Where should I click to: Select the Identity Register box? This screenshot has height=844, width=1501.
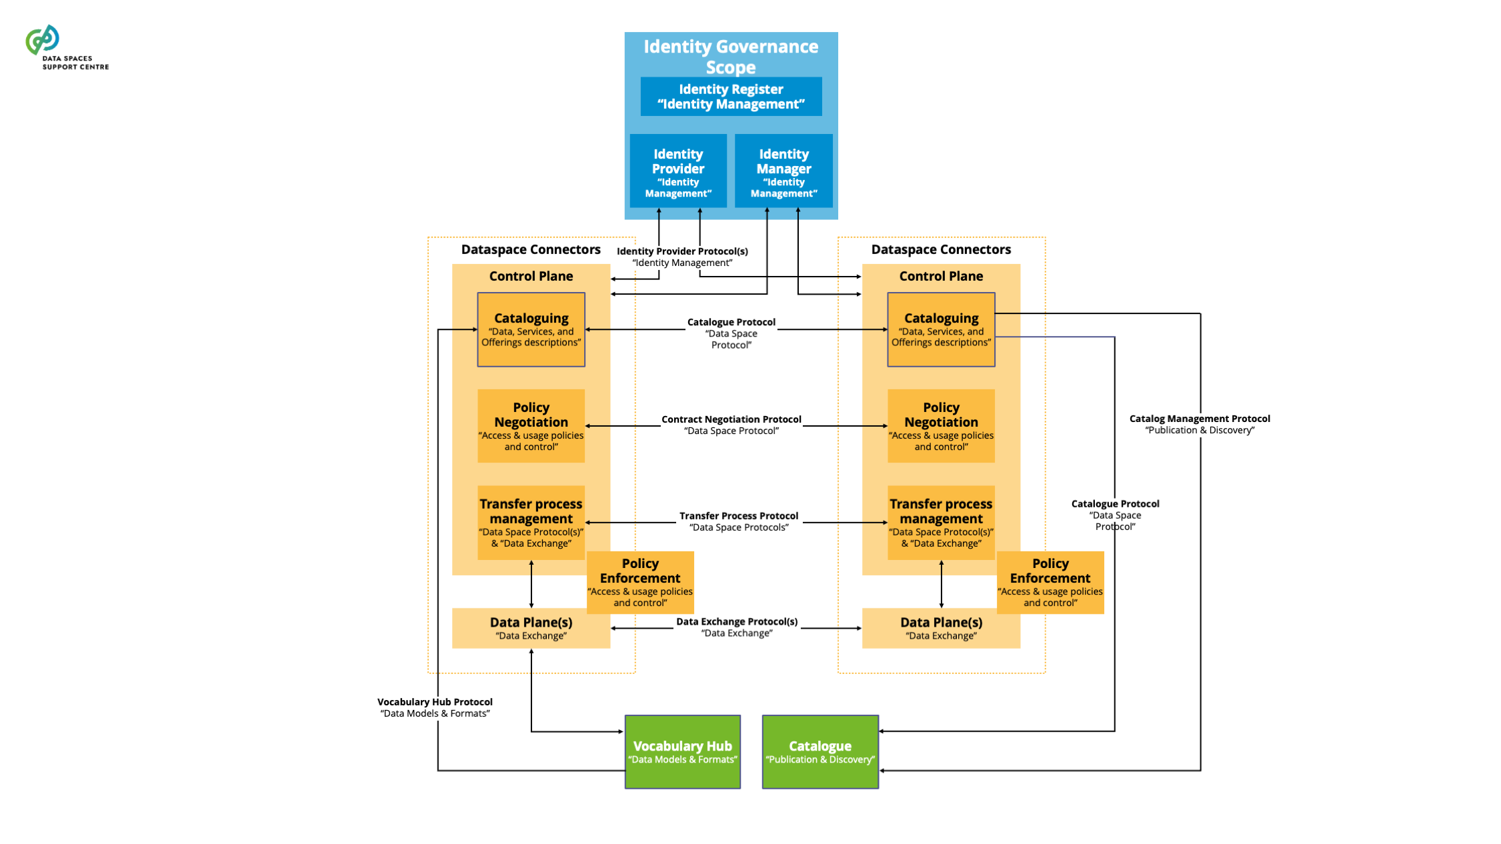pyautogui.click(x=731, y=97)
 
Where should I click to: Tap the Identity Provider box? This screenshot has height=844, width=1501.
pyautogui.click(x=678, y=171)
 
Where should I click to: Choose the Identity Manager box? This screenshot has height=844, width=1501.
pyautogui.click(x=784, y=171)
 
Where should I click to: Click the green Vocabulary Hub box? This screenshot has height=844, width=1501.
pyautogui.click(x=682, y=751)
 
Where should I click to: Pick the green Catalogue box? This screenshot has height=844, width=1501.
pyautogui.click(x=820, y=751)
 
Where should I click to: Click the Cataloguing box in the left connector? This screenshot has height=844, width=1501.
pyautogui.click(x=531, y=329)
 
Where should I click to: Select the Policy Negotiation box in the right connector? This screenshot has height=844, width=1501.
pyautogui.click(x=941, y=426)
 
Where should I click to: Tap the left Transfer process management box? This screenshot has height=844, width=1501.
pyautogui.click(x=531, y=523)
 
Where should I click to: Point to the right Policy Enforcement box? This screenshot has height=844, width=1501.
pyautogui.click(x=1050, y=582)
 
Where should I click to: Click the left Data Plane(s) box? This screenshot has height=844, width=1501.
pyautogui.click(x=531, y=628)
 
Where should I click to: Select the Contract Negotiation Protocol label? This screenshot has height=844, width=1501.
pyautogui.click(x=731, y=425)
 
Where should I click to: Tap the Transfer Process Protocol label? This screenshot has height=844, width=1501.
pyautogui.click(x=738, y=521)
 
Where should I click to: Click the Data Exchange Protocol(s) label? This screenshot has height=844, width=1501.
pyautogui.click(x=736, y=627)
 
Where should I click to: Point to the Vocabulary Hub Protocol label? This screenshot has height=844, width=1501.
pyautogui.click(x=435, y=707)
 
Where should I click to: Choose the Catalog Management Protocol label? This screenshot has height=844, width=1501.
pyautogui.click(x=1199, y=424)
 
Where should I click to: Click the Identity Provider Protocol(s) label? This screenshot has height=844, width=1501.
pyautogui.click(x=682, y=257)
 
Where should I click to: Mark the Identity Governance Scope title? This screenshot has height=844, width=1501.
pyautogui.click(x=731, y=57)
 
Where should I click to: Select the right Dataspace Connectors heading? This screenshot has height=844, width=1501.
pyautogui.click(x=940, y=249)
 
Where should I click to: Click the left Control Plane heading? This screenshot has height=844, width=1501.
pyautogui.click(x=531, y=276)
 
